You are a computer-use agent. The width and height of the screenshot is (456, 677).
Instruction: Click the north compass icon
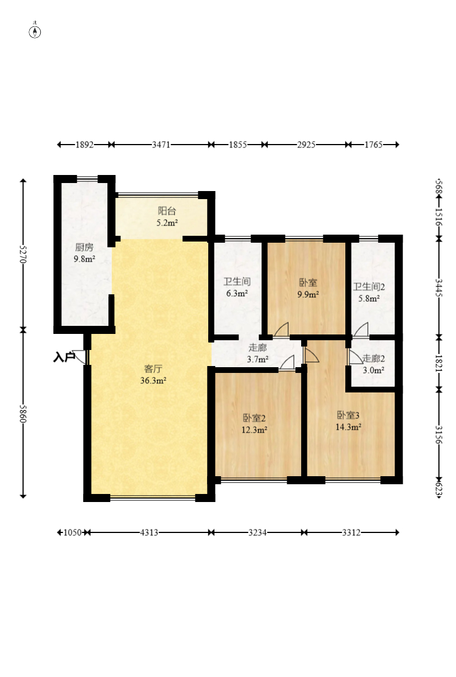coord(35,32)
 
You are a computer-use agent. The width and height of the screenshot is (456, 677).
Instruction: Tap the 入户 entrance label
coord(64,357)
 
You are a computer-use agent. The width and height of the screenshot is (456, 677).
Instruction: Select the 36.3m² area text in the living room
coord(153,381)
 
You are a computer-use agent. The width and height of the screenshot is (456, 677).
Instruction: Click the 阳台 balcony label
coord(167,211)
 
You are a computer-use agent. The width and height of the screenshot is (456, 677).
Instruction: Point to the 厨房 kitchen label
coord(84,247)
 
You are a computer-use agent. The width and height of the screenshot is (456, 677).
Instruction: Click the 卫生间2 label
coord(369,287)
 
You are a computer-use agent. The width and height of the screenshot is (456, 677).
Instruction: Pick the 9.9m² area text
coord(308,295)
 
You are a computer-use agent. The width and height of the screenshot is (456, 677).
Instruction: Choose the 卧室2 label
coord(254,418)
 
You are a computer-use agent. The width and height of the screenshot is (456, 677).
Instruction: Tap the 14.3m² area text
coord(349,427)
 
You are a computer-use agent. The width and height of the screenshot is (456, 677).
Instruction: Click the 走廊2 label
coord(373,359)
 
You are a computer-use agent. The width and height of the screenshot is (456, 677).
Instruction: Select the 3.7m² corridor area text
coord(258,359)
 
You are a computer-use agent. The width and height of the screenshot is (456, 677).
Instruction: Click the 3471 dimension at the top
coord(161,145)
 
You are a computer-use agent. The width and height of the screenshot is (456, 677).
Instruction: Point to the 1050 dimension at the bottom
coord(72,533)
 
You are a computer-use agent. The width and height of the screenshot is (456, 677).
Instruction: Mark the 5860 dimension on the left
coord(24,414)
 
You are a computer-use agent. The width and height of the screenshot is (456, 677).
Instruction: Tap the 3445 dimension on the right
coord(438,287)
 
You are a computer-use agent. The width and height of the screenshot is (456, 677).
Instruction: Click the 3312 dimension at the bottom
coord(351,533)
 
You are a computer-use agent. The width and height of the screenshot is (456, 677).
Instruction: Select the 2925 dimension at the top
coord(306,145)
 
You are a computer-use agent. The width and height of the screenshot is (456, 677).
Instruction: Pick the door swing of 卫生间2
coord(361,330)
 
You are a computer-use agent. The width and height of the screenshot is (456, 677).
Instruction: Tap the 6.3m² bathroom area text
coord(237,294)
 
